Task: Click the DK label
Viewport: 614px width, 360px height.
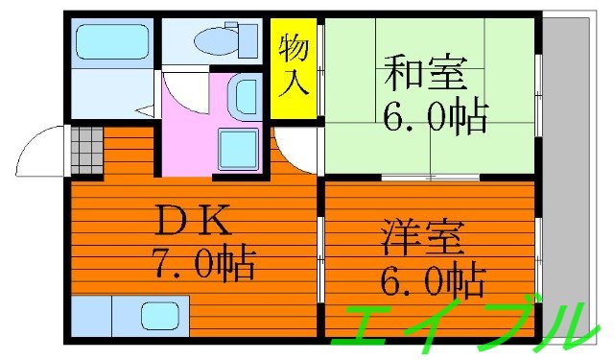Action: pyautogui.click(x=192, y=223)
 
